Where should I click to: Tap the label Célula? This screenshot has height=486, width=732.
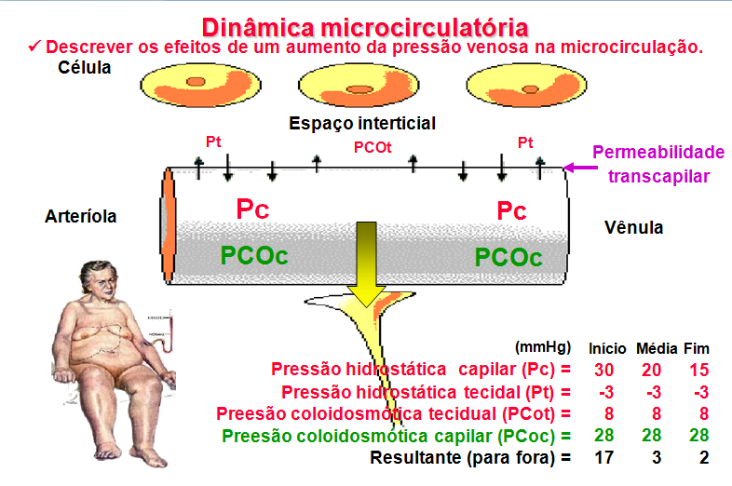85,68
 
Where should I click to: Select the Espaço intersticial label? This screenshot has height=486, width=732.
362,123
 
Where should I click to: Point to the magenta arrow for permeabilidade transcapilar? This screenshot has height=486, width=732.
579,168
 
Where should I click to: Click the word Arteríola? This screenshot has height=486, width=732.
81,216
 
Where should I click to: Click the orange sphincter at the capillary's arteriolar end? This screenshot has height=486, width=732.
168,223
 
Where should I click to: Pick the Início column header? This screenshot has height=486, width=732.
607,348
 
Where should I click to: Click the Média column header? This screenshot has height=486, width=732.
656,348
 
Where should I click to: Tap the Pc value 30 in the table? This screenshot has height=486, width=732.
605,369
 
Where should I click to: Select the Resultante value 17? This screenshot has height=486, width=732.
605,457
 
